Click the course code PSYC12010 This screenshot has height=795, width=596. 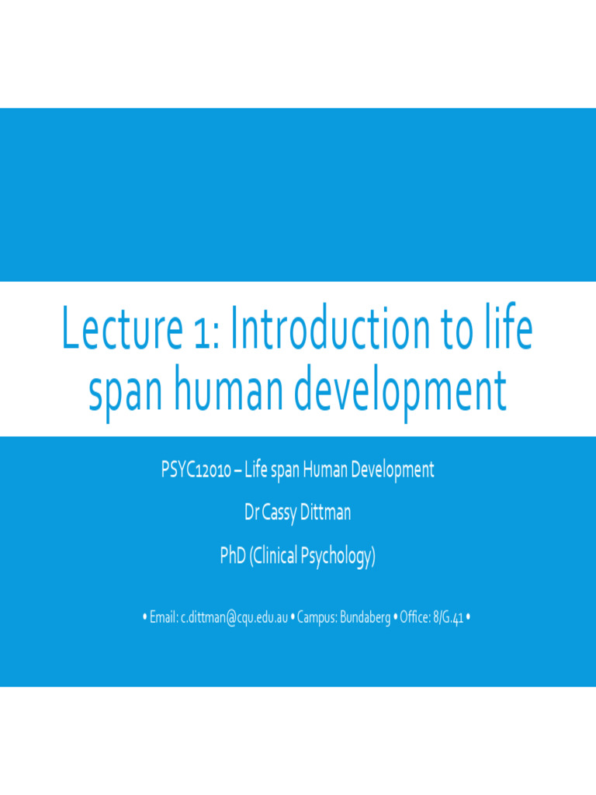[x=194, y=470]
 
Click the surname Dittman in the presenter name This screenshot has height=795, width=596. [x=326, y=513]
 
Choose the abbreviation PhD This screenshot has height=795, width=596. [x=233, y=557]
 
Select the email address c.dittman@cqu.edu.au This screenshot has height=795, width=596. [x=234, y=618]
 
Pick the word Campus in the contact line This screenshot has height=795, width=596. [x=317, y=618]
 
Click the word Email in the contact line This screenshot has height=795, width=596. [x=163, y=618]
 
